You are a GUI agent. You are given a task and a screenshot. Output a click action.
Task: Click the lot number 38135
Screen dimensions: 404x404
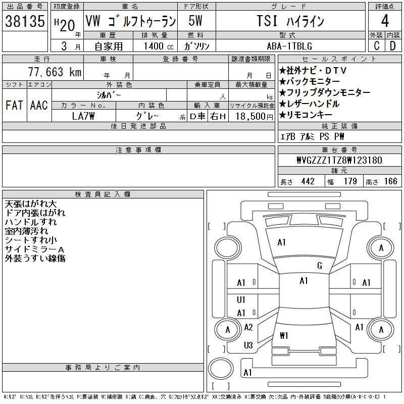(x=25, y=21)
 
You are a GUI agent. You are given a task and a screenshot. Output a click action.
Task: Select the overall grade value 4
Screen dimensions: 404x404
(x=385, y=21)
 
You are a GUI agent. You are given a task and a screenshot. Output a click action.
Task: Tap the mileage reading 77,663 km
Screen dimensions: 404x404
(x=55, y=72)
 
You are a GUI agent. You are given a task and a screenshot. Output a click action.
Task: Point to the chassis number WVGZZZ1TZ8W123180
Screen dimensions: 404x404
(x=339, y=160)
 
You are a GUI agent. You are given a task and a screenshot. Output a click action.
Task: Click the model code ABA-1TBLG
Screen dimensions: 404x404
(x=289, y=46)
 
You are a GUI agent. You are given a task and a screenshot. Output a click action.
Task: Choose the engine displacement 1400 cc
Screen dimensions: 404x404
(x=159, y=46)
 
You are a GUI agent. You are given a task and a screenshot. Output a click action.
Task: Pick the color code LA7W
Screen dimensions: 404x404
(x=83, y=116)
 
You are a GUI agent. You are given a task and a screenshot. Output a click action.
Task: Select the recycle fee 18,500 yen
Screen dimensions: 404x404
(x=255, y=117)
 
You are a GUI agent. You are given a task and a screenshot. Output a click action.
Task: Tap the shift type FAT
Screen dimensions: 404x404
(x=14, y=105)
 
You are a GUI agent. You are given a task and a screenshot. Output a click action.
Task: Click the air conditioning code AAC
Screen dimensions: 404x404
(x=39, y=105)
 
